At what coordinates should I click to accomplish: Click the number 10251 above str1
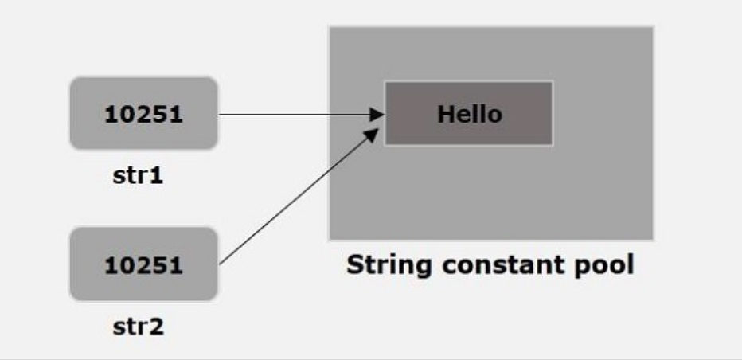(x=143, y=114)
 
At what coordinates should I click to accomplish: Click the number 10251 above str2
(x=143, y=265)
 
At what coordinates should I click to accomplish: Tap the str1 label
(x=137, y=174)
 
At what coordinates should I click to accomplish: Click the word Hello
(x=470, y=114)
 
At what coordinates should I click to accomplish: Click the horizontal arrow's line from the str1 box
(x=295, y=114)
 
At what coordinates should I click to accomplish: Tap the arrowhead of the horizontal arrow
(x=379, y=114)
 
